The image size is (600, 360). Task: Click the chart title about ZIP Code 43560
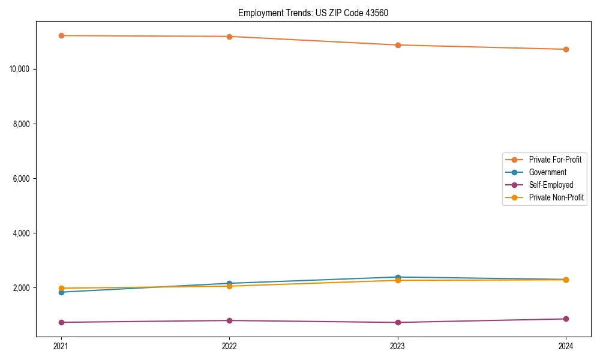313,13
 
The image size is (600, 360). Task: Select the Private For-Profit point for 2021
61,35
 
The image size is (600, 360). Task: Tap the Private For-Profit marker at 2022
229,37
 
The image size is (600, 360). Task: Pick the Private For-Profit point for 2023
398,45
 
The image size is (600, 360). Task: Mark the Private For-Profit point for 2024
566,49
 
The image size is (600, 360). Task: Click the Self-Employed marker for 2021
61,322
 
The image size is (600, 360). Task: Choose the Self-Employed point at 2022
229,320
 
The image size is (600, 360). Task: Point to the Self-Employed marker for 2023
398,322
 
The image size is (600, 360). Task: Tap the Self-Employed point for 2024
566,319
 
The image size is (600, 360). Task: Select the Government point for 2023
398,277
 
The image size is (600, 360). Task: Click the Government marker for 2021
61,292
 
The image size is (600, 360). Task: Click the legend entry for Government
547,172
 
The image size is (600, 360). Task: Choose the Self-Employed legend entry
551,185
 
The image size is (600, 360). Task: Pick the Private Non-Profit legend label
556,197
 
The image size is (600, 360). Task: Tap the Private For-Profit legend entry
555,160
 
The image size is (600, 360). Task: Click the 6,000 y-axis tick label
22,179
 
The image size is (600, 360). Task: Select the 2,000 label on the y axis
22,288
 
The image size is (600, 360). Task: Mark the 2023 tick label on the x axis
398,346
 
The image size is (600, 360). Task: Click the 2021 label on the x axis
61,346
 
